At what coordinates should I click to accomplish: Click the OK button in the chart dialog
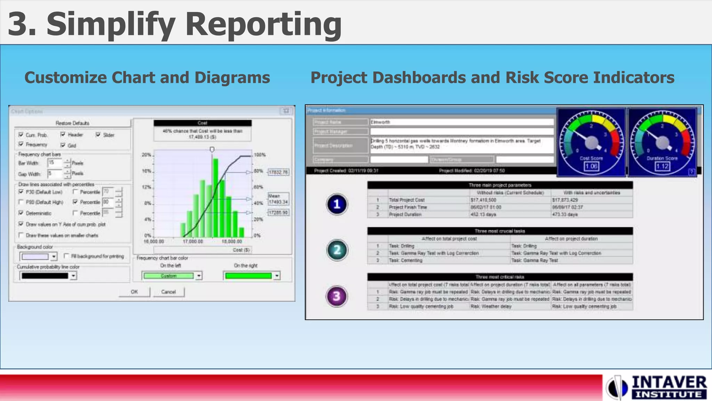click(x=134, y=292)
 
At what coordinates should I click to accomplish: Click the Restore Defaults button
click(x=72, y=123)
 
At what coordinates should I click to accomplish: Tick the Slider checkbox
click(x=98, y=135)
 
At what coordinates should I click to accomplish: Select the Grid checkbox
click(x=63, y=145)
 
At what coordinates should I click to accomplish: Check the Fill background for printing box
click(x=66, y=256)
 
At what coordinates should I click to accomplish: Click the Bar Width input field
click(x=55, y=163)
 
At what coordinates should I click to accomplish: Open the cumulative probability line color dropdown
click(x=73, y=276)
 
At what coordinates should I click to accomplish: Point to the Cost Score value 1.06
click(x=591, y=166)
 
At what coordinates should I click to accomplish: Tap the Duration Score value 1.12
click(x=662, y=166)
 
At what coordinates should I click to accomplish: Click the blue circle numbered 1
click(x=337, y=204)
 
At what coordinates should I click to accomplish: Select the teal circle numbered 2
click(x=337, y=250)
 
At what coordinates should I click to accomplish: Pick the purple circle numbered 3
click(x=337, y=296)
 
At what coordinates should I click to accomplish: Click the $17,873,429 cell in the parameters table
click(x=565, y=200)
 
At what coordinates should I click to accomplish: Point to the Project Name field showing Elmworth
click(x=461, y=122)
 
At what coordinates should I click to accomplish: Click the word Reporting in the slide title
click(x=263, y=24)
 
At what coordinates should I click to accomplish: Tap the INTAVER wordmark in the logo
click(x=669, y=382)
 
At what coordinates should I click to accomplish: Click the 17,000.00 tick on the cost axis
click(x=193, y=242)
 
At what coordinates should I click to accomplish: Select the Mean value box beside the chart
click(x=278, y=199)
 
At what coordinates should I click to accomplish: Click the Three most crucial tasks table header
click(x=500, y=231)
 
